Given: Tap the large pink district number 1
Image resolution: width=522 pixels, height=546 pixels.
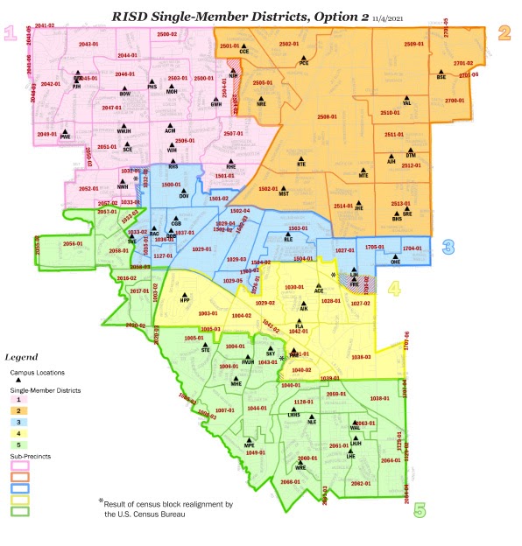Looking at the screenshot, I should [x=11, y=34].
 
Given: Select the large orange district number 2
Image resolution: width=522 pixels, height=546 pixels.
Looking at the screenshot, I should [x=504, y=34].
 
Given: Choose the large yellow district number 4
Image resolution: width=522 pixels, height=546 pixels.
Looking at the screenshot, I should [x=394, y=288].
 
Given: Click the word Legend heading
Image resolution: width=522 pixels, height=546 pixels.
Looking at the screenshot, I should [x=22, y=357].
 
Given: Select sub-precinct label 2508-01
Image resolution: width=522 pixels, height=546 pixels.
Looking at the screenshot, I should [x=328, y=116].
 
